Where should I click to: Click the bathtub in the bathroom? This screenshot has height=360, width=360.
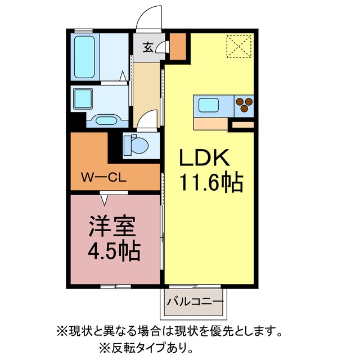[84, 57]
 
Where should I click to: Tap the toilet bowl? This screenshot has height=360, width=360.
[136, 146]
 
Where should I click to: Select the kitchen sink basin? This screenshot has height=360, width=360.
[209, 105]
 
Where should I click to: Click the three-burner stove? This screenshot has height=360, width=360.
[244, 105]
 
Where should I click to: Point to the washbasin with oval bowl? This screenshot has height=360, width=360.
[106, 120]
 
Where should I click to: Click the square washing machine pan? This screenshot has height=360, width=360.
[83, 99]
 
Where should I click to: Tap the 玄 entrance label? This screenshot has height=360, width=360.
[148, 47]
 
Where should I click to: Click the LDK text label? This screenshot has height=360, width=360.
[204, 157]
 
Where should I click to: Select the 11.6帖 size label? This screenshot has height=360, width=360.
[211, 183]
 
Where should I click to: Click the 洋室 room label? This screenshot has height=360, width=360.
[112, 226]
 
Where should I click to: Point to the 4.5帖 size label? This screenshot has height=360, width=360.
[114, 250]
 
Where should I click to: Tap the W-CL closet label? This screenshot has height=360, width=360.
[103, 178]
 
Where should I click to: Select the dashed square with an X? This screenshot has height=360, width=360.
[239, 46]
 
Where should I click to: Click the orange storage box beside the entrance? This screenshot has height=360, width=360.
[178, 47]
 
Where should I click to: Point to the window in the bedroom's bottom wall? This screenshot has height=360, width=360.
[116, 286]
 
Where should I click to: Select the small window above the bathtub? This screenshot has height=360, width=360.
[84, 31]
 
